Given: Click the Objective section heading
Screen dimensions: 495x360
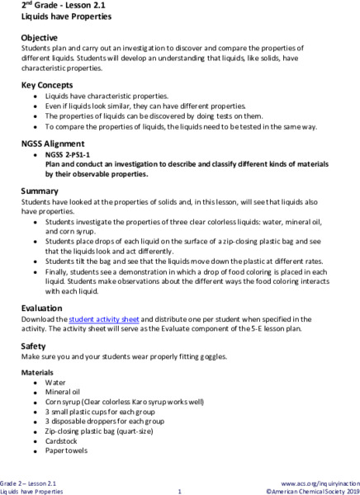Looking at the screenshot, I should (x=39, y=38).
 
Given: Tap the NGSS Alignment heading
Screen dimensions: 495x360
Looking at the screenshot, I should (x=54, y=144).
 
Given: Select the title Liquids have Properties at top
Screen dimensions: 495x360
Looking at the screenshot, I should (x=56, y=16).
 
